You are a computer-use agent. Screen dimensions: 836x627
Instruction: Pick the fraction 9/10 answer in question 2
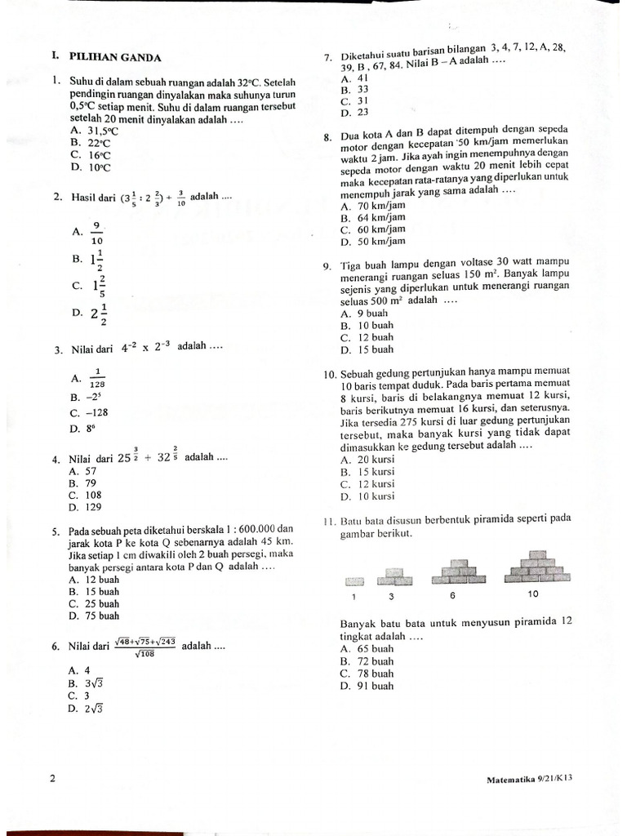(97, 233)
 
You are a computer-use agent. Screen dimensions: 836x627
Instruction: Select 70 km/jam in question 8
(377, 207)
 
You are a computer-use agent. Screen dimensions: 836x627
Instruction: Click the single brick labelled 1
(354, 581)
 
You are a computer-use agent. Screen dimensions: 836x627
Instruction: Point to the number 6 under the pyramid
(452, 595)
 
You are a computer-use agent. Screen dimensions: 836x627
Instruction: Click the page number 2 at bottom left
(53, 779)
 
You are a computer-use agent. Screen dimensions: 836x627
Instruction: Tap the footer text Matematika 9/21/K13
(529, 779)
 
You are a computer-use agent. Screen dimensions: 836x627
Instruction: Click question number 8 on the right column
(327, 137)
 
